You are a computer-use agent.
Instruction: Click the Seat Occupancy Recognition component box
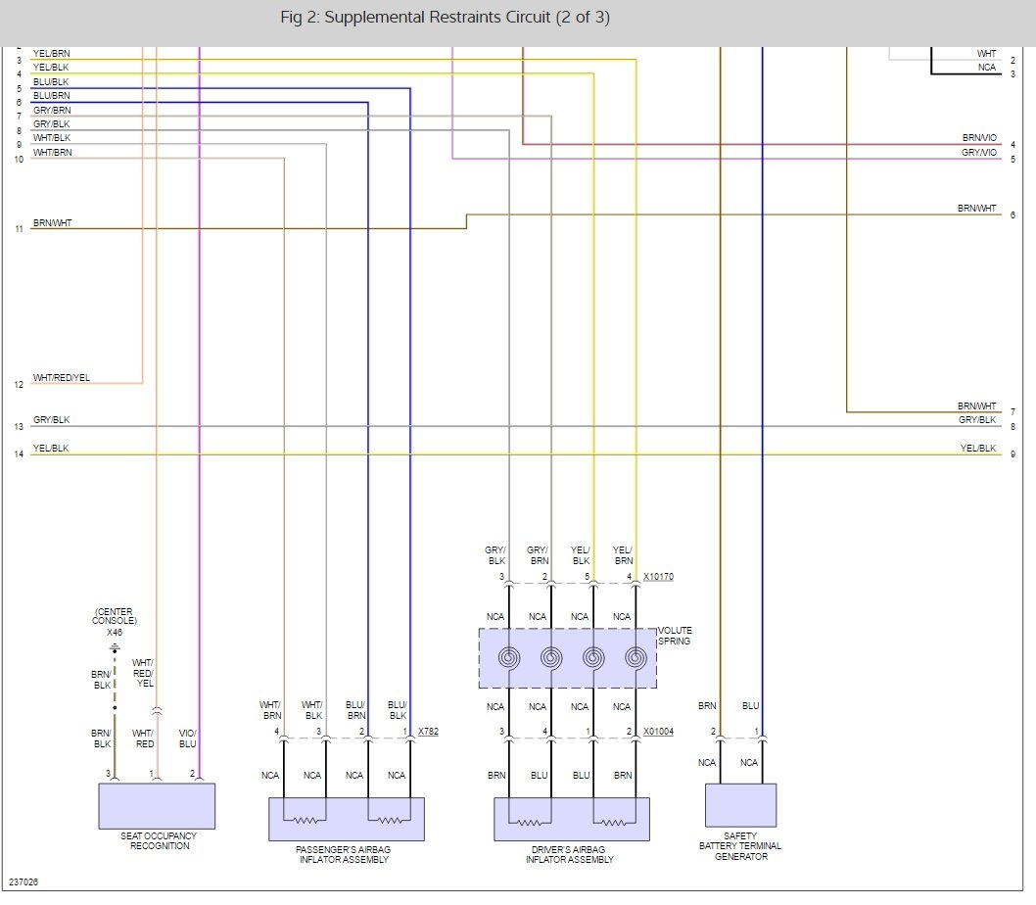[x=157, y=806]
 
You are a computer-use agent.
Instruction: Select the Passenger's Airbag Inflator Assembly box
[x=347, y=819]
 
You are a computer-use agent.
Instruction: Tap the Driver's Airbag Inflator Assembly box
[x=571, y=819]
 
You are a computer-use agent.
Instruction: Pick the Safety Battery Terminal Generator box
[x=740, y=806]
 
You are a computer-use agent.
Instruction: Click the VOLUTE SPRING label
[x=675, y=636]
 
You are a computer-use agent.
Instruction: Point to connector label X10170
[x=658, y=578]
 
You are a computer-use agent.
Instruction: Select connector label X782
[x=429, y=732]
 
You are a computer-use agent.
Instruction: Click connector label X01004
[x=658, y=732]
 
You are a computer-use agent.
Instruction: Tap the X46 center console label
[x=115, y=633]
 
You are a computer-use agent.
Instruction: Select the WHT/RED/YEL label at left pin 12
[x=61, y=378]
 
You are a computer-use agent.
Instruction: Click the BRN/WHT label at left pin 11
[x=52, y=223]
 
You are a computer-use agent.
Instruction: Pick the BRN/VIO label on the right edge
[x=978, y=138]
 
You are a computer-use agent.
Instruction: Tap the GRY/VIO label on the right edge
[x=978, y=153]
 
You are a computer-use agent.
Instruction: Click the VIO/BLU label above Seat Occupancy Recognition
[x=187, y=738]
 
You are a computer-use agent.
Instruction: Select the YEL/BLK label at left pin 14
[x=51, y=449]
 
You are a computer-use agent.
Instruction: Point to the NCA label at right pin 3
[x=986, y=68]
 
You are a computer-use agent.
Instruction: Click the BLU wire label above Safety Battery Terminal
[x=750, y=705]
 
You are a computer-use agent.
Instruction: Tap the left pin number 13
[x=19, y=427]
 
